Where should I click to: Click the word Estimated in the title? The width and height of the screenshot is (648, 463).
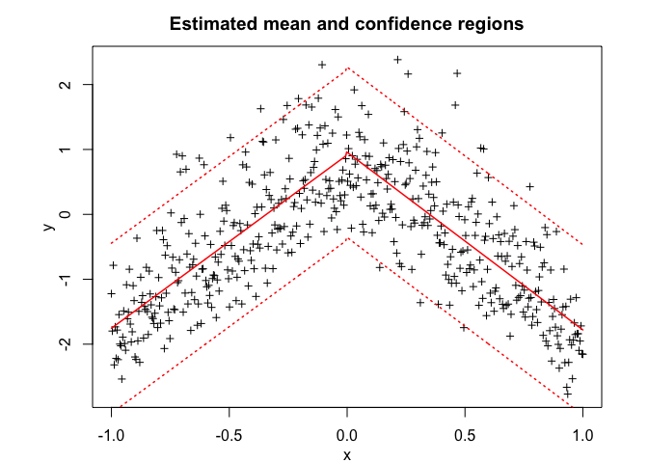[x=209, y=22]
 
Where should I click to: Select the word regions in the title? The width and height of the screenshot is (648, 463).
[x=488, y=22]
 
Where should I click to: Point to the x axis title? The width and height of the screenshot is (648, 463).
[x=347, y=455]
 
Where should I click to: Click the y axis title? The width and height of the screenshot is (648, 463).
[x=46, y=227]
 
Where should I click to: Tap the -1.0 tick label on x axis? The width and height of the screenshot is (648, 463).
[x=111, y=433]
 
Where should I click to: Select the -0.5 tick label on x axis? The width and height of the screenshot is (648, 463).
[x=229, y=433]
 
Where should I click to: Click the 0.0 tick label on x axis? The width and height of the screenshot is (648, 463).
[x=347, y=433]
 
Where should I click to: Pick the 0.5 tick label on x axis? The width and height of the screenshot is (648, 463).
[x=465, y=433]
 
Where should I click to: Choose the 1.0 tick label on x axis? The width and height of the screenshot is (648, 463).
[x=582, y=433]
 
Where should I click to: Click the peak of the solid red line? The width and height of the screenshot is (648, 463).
[x=347, y=152]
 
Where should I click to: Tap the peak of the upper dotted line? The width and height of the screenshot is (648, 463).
[x=347, y=68]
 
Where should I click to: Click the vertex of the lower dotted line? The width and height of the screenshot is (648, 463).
[x=347, y=238]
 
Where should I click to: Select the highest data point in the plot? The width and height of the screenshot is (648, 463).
[x=397, y=60]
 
